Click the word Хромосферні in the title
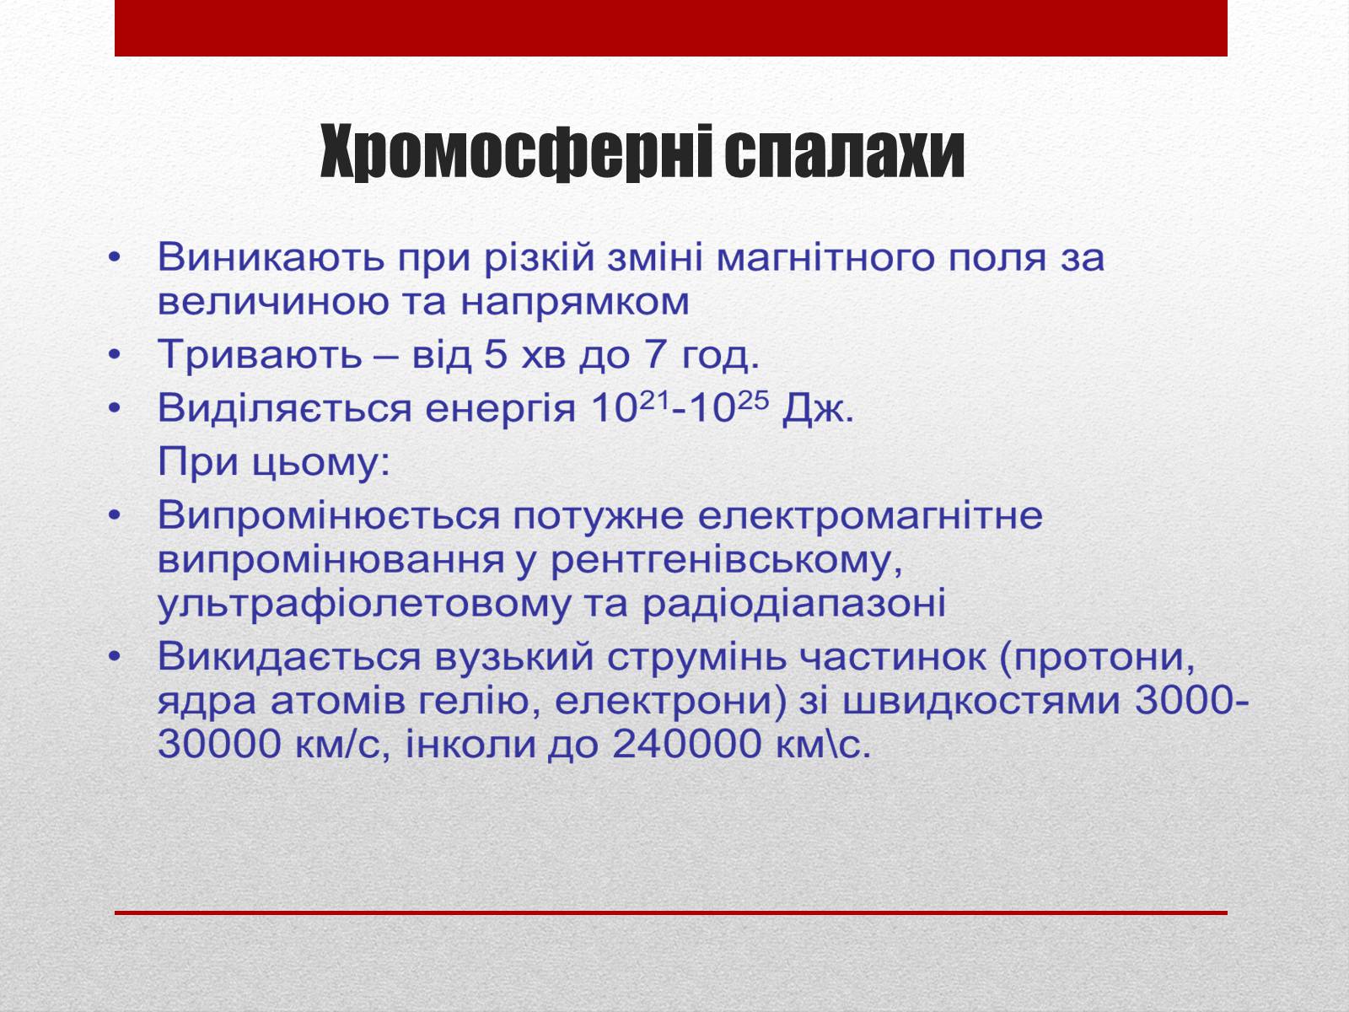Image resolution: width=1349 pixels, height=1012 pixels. tap(516, 153)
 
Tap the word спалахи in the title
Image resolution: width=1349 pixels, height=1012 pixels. tap(844, 153)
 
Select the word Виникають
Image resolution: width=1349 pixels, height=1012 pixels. tap(271, 257)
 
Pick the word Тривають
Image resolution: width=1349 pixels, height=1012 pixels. tap(260, 354)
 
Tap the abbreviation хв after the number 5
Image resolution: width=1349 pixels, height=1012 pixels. tap(543, 356)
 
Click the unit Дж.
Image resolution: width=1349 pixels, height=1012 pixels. tap(818, 409)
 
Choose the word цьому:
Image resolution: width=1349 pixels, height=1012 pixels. tap(321, 462)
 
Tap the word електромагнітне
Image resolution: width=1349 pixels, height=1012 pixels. tap(870, 515)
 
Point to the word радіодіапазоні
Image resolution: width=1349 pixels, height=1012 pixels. tap(794, 605)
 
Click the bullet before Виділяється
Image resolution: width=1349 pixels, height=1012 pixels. tap(115, 408)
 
